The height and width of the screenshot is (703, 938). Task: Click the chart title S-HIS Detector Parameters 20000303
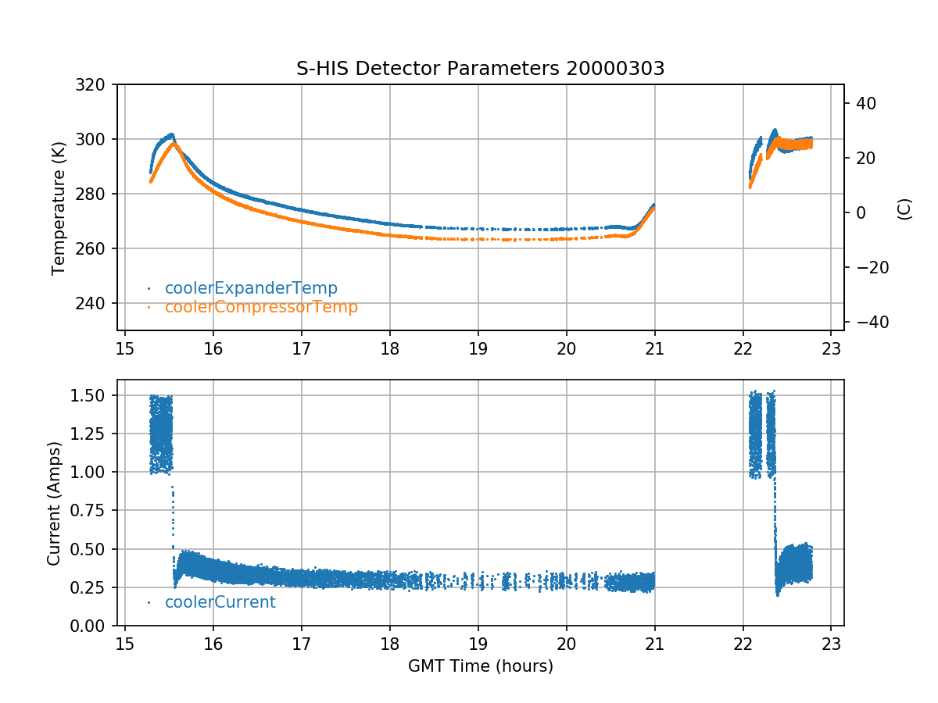[480, 69]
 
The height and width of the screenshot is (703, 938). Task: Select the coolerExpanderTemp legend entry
[251, 288]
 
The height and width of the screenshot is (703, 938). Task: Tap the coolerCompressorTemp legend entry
[261, 307]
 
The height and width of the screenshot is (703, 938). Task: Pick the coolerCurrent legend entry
[220, 602]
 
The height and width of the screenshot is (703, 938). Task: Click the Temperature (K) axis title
[59, 207]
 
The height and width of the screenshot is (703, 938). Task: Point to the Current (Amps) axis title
[54, 503]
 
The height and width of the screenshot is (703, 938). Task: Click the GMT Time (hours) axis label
[480, 666]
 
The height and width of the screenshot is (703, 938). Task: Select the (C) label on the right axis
[904, 208]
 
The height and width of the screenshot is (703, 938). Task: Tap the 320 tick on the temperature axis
[96, 84]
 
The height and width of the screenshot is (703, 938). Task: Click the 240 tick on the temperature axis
[96, 303]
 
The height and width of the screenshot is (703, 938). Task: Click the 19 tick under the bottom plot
[478, 644]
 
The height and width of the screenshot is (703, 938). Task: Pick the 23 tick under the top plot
[832, 348]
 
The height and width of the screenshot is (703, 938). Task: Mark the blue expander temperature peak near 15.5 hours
[170, 134]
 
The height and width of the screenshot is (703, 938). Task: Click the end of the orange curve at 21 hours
[653, 208]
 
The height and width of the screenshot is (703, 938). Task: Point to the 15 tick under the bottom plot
[125, 644]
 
